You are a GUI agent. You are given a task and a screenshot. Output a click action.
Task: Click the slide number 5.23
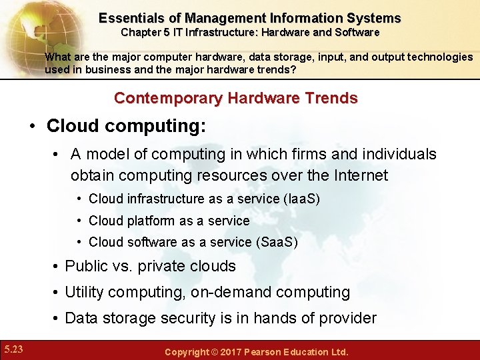point(13,349)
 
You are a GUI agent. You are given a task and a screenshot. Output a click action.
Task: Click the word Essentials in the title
point(130,18)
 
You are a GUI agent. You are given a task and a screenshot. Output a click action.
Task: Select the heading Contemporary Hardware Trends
point(236,98)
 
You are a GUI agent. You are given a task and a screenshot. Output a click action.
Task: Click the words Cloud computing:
point(126,126)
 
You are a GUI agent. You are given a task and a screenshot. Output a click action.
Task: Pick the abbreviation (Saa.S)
point(277,243)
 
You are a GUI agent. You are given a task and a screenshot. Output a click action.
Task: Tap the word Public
point(86,266)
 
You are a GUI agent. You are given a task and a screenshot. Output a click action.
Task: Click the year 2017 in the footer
point(230,351)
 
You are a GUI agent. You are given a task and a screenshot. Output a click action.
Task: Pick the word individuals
point(399,154)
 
